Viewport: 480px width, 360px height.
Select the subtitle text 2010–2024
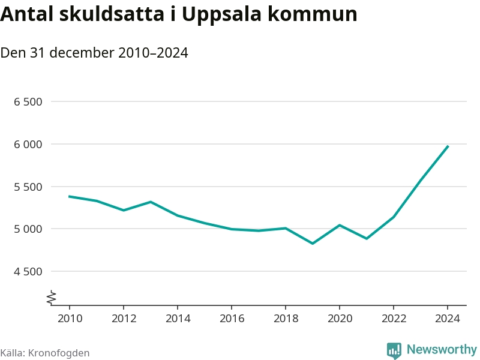(x=153, y=53)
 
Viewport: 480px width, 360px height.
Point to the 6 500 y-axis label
(x=28, y=102)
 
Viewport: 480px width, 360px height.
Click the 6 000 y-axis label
(x=28, y=144)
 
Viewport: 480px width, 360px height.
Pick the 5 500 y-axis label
(x=28, y=187)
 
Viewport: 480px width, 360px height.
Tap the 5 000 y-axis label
(x=28, y=229)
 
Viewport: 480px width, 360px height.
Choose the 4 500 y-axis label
(x=28, y=271)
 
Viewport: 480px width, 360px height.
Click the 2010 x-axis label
(x=69, y=318)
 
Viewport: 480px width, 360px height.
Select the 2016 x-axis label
(x=231, y=318)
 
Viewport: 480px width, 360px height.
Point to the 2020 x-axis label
(x=340, y=318)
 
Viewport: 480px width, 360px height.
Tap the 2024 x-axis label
(x=448, y=318)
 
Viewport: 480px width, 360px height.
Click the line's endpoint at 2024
(x=448, y=146)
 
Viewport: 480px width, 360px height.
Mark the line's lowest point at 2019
(x=313, y=243)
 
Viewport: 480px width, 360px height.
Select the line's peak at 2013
(x=150, y=202)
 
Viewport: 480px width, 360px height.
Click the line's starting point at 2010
(x=69, y=196)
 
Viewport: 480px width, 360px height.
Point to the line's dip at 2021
(x=367, y=239)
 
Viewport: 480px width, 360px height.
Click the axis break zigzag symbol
(x=52, y=296)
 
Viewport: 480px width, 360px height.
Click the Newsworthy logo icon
(x=394, y=350)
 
